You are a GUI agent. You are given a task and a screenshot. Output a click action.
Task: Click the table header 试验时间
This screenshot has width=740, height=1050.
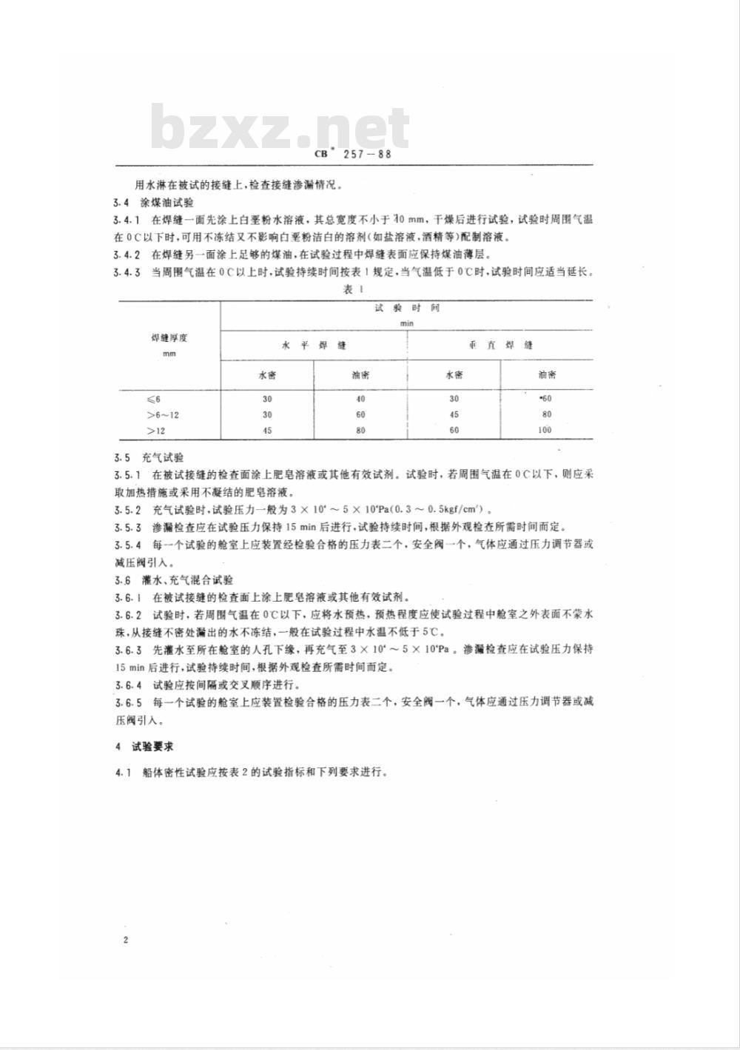point(406,309)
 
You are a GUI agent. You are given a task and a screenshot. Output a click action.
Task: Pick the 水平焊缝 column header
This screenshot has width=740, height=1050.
point(314,346)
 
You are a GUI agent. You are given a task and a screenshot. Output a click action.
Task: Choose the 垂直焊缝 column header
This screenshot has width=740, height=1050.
point(500,346)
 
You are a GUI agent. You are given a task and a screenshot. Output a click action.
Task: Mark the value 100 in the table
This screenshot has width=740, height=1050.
point(545,430)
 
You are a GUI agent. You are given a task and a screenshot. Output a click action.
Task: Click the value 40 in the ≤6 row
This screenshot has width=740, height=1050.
point(360,399)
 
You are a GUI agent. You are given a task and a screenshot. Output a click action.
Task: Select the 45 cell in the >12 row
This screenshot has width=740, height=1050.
point(267,430)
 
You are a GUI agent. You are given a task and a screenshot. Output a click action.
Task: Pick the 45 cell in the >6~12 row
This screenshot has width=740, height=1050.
point(454,414)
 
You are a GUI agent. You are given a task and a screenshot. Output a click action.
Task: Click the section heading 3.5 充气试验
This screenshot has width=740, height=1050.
point(148,458)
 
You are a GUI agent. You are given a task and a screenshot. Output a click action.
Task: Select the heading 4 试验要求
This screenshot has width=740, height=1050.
point(144,747)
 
